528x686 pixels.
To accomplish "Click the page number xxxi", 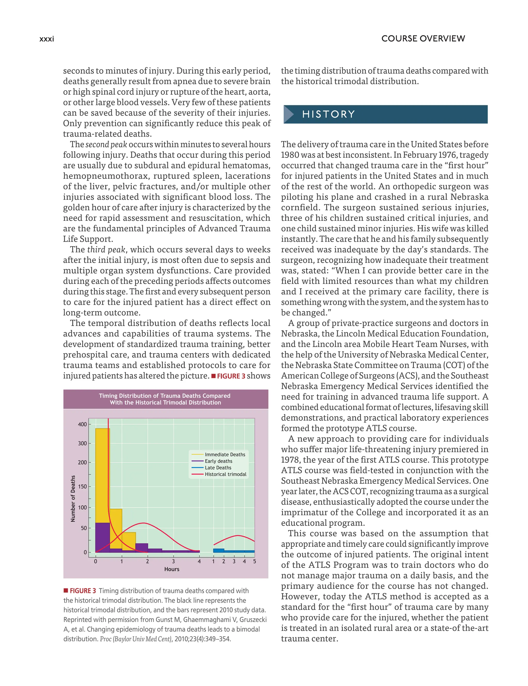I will click(47, 39).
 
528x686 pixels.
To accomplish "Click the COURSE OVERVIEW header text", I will click(423, 39).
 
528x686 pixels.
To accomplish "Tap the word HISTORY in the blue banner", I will click(328, 114).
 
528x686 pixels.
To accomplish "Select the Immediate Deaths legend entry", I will click(225, 455).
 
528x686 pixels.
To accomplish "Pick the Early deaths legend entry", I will click(218, 461).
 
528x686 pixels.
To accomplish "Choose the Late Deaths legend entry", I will click(218, 468).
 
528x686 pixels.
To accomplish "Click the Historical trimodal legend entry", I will click(225, 474).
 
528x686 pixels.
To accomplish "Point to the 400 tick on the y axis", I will click(82, 424).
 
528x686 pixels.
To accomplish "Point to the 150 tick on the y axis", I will click(82, 487).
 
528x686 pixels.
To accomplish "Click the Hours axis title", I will click(172, 569).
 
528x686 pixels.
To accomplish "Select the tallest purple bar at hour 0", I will click(102, 537).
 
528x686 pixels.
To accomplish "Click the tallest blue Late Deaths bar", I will click(218, 550).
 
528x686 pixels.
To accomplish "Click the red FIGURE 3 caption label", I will click(82, 591).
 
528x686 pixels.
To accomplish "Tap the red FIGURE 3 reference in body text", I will click(231, 376).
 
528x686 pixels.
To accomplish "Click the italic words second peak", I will click(106, 144).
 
